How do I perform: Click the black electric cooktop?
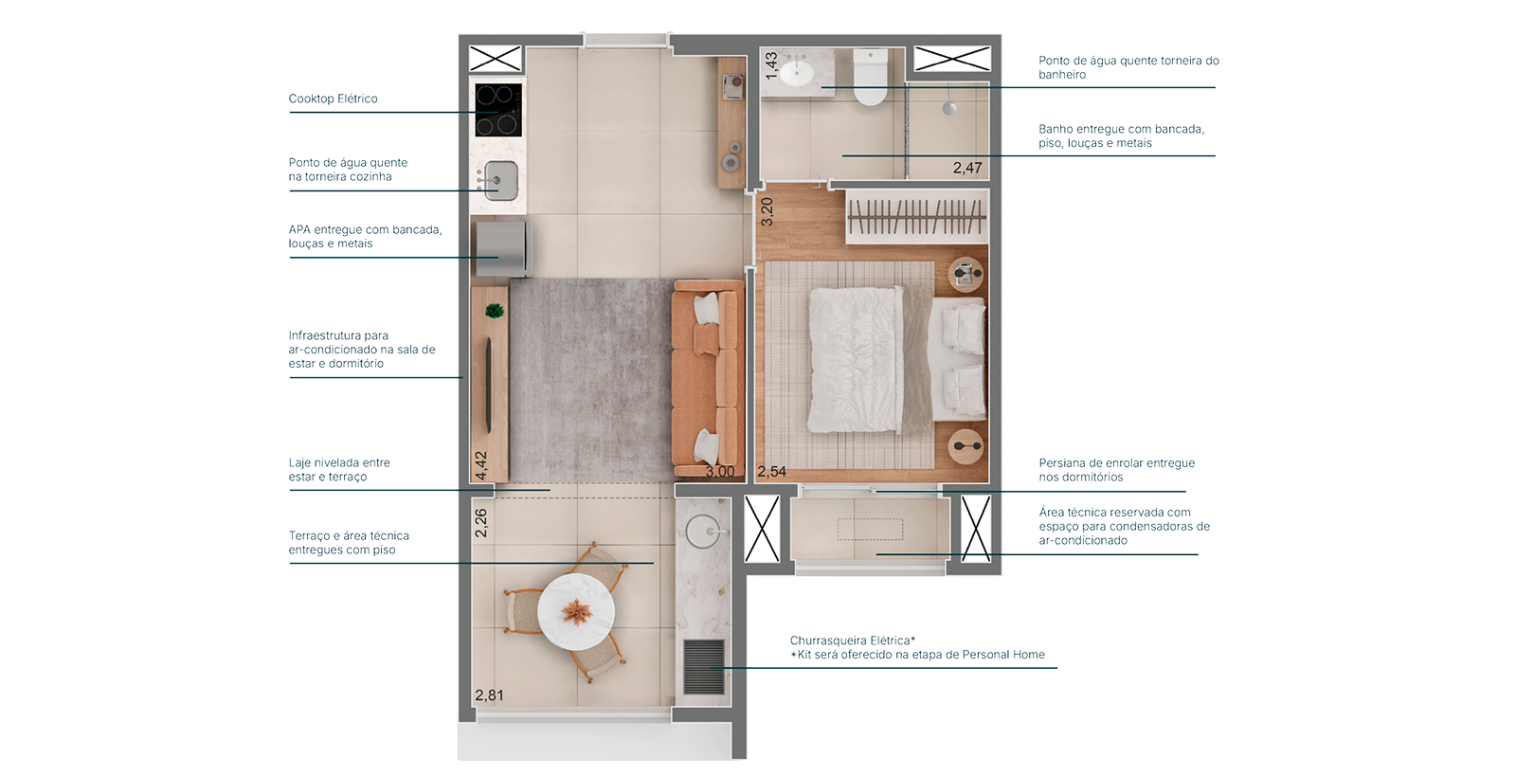click(498, 110)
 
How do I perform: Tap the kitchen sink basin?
click(501, 181)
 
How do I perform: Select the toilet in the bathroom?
click(870, 77)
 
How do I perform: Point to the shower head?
click(949, 108)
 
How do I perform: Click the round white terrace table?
click(576, 612)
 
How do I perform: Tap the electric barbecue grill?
click(704, 667)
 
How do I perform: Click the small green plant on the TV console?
click(495, 311)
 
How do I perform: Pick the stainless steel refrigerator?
click(503, 248)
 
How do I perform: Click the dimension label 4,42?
click(480, 465)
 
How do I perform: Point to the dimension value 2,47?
click(967, 168)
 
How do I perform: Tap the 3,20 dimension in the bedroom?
click(767, 211)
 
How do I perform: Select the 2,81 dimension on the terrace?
click(489, 695)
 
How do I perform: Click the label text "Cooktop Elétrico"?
click(333, 99)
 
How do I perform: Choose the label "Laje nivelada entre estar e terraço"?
click(339, 470)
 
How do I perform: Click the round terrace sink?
click(702, 532)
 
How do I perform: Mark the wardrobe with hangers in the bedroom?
click(917, 216)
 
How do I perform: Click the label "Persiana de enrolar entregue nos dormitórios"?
click(1117, 470)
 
